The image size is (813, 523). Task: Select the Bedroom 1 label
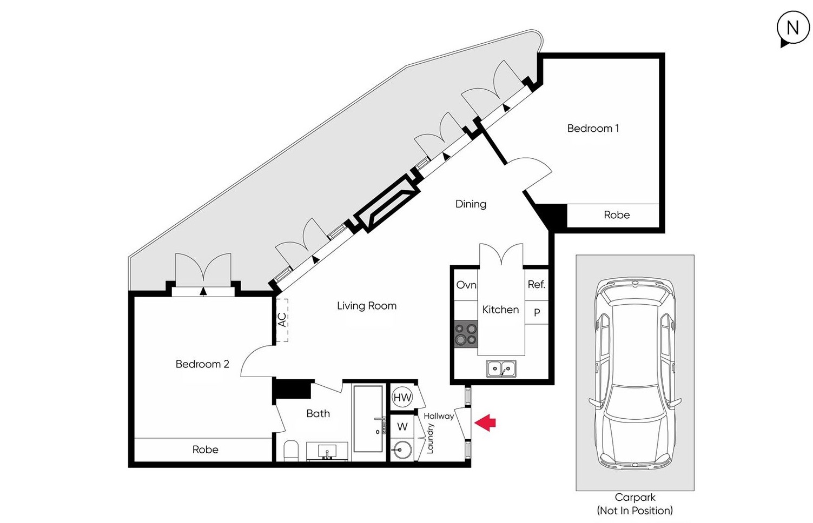[593, 128]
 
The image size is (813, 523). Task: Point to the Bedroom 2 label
[202, 364]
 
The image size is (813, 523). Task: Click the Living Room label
[367, 306]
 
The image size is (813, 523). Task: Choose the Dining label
[471, 204]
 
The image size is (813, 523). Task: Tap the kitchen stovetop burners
[466, 334]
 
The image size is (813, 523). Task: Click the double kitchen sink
[501, 369]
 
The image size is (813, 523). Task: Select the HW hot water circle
[402, 398]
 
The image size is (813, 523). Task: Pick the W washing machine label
[402, 427]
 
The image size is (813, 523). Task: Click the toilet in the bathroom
[290, 451]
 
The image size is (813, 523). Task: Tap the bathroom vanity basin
[327, 452]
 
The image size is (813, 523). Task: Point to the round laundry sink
[402, 450]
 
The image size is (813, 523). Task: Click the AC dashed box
[282, 320]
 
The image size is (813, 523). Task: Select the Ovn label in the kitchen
[466, 285]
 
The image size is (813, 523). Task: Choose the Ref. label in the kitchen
[537, 285]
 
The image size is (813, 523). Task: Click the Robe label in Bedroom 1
[617, 215]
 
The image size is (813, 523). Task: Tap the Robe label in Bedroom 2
[206, 450]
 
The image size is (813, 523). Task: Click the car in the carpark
[635, 374]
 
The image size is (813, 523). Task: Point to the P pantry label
[537, 312]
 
